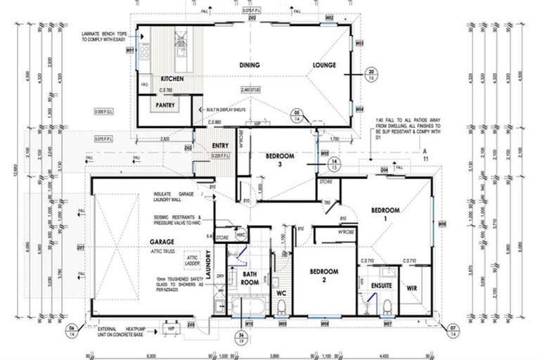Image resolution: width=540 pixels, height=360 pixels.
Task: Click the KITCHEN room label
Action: pyautogui.click(x=172, y=79)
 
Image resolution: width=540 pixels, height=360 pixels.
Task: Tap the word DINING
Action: pyautogui.click(x=250, y=65)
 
